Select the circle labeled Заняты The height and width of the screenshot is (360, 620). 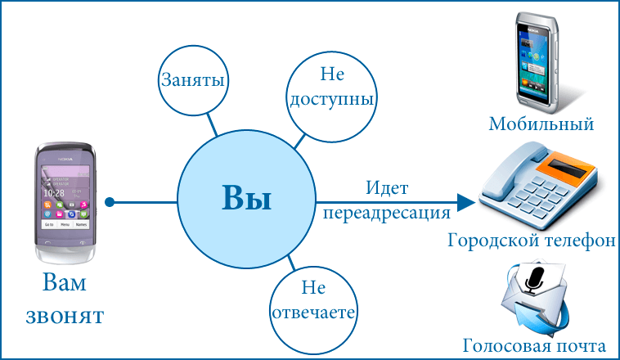pyautogui.click(x=192, y=82)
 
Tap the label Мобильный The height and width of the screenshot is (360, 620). pyautogui.click(x=541, y=124)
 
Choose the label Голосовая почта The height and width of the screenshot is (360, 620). pyautogui.click(x=534, y=345)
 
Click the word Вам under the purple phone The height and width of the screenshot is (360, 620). pyautogui.click(x=65, y=284)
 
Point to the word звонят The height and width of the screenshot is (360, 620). pyautogui.click(x=65, y=316)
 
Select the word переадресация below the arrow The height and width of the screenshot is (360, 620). pyautogui.click(x=386, y=214)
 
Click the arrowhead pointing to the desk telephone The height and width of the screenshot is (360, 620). pyautogui.click(x=466, y=201)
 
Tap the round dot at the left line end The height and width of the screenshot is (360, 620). pyautogui.click(x=111, y=201)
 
